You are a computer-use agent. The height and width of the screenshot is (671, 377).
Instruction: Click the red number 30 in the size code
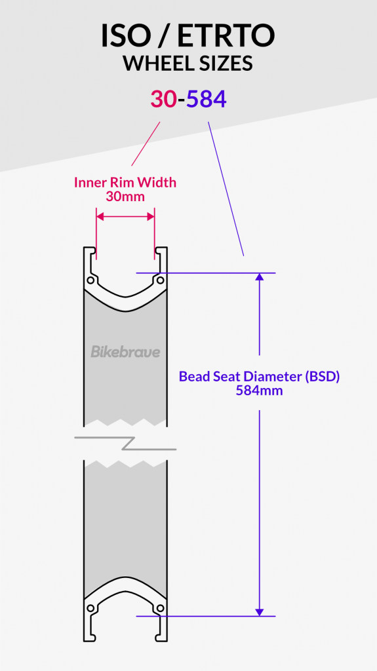pyautogui.click(x=163, y=99)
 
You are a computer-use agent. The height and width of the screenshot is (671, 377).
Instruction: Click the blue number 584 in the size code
pyautogui.click(x=207, y=99)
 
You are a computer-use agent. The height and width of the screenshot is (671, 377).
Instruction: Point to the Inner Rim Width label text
pyautogui.click(x=125, y=182)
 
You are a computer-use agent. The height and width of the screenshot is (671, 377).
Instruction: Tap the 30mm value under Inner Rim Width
pyautogui.click(x=125, y=195)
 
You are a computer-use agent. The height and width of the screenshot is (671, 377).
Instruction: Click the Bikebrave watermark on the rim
pyautogui.click(x=125, y=352)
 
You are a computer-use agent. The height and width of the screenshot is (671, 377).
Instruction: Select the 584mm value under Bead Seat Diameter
pyautogui.click(x=260, y=391)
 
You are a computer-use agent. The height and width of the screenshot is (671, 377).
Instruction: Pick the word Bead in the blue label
pyautogui.click(x=194, y=377)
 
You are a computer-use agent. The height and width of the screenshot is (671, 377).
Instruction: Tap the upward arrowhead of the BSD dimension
pyautogui.click(x=260, y=277)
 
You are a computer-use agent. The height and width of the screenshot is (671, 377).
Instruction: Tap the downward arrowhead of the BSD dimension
pyautogui.click(x=260, y=611)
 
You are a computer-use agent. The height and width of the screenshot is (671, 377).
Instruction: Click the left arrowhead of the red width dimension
pyautogui.click(x=100, y=216)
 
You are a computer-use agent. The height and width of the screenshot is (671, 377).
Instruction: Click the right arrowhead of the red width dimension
pyautogui.click(x=151, y=216)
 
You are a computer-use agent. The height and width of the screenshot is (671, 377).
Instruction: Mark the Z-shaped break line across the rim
pyautogui.click(x=125, y=443)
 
